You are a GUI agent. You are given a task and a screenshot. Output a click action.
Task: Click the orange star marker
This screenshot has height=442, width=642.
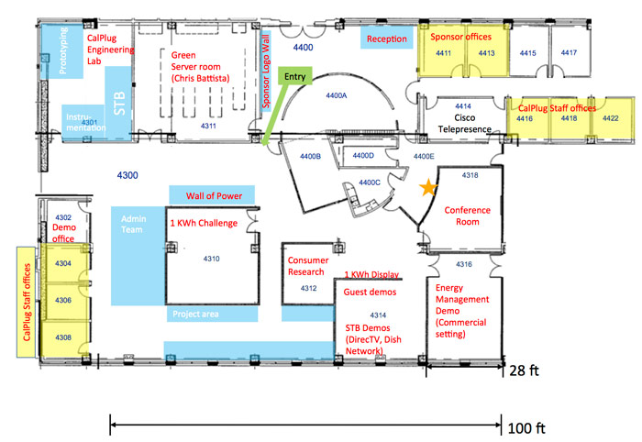[x=428, y=187]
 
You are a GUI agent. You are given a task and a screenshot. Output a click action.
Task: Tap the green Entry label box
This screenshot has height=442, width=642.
[x=294, y=76]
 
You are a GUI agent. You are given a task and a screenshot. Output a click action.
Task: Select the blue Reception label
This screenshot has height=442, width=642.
[x=386, y=39]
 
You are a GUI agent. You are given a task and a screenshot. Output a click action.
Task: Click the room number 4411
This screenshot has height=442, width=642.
[x=443, y=53]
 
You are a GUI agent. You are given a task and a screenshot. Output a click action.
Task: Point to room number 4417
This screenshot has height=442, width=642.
[x=569, y=52]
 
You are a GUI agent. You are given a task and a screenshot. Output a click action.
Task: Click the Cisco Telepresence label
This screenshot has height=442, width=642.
[x=465, y=123]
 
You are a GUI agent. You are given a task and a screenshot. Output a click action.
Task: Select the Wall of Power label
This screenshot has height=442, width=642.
[x=214, y=195]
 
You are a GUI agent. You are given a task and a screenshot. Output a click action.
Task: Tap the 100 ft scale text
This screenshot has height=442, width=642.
[x=526, y=428]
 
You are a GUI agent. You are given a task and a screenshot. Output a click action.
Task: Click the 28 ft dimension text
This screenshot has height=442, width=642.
[x=524, y=370]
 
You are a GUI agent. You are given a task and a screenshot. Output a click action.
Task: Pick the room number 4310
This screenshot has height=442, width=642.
[x=211, y=259]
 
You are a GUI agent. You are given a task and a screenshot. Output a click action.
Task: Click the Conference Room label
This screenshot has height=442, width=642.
[x=467, y=215]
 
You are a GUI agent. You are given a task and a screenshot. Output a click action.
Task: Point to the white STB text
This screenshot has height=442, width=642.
[x=119, y=104]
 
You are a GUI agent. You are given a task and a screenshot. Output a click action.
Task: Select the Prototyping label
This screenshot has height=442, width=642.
[x=63, y=50]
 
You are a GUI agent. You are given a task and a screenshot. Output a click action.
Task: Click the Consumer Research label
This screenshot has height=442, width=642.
[x=308, y=266]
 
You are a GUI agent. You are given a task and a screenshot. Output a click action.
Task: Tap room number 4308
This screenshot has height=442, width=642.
[x=63, y=337]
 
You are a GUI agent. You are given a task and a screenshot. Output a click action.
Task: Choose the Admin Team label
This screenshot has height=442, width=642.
[x=133, y=224]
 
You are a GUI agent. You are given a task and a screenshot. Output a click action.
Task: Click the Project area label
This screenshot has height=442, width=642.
[x=195, y=314]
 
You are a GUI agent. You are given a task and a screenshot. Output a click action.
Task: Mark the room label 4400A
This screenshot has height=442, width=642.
[x=337, y=95]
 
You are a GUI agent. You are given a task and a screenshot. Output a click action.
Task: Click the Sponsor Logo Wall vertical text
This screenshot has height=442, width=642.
[x=266, y=72]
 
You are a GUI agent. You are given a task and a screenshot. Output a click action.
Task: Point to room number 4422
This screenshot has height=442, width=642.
[x=611, y=118]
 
